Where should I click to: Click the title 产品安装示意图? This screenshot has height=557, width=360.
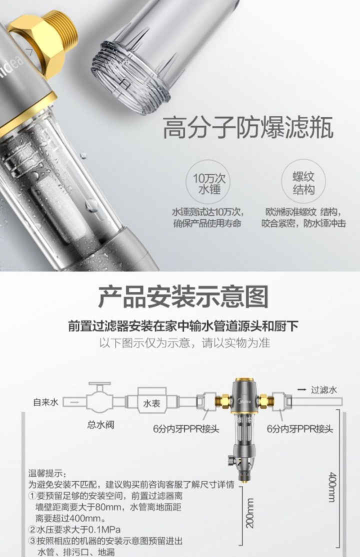pyautogui.click(x=182, y=296)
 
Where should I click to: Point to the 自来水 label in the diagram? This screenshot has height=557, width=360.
pyautogui.click(x=45, y=402)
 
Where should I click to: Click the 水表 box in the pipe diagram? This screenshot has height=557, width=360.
pyautogui.click(x=151, y=402)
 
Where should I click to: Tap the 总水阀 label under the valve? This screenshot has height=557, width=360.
pyautogui.click(x=100, y=424)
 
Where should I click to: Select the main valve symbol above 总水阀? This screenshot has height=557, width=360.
pyautogui.click(x=100, y=399)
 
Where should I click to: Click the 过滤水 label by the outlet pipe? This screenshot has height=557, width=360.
pyautogui.click(x=324, y=389)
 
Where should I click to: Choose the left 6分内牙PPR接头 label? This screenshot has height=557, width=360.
pyautogui.click(x=186, y=429)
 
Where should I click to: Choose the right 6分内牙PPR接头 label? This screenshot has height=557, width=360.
pyautogui.click(x=300, y=429)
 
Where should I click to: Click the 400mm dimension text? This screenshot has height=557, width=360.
pyautogui.click(x=332, y=487)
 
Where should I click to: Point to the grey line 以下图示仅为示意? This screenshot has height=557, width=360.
pyautogui.click(x=184, y=343)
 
